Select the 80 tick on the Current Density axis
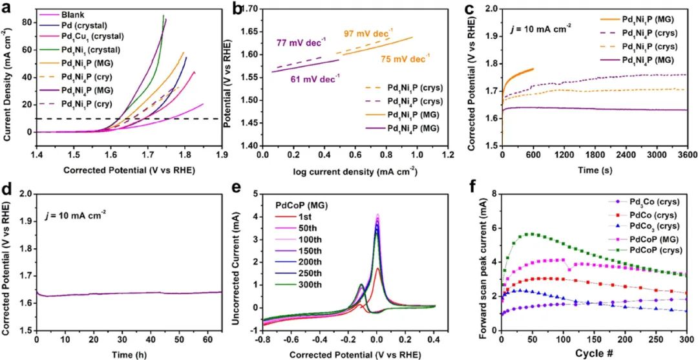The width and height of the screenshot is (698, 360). pos(25,21)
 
